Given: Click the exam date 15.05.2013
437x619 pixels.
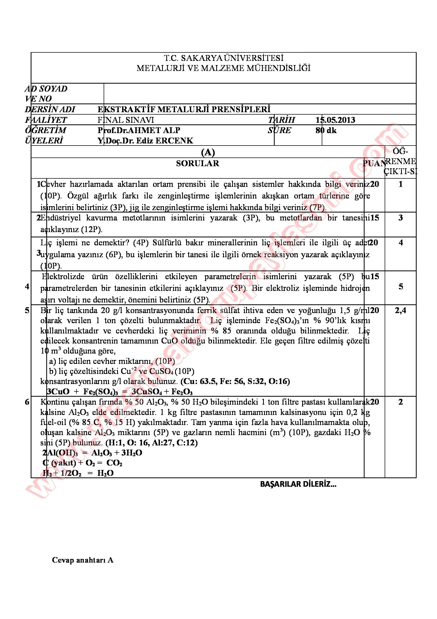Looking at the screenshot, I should pyautogui.click(x=335, y=120).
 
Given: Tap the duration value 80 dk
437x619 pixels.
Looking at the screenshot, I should pyautogui.click(x=326, y=130).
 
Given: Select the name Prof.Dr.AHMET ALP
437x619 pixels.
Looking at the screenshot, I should pyautogui.click(x=139, y=130).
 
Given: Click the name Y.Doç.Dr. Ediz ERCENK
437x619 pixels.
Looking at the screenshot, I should pyautogui.click(x=145, y=141).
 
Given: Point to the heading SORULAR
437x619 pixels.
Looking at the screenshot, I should pyautogui.click(x=198, y=163).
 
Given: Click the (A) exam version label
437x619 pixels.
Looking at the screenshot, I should pyautogui.click(x=208, y=153).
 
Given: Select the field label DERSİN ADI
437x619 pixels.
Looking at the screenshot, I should pyautogui.click(x=50, y=110).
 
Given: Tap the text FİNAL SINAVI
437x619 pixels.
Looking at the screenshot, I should pyautogui.click(x=126, y=120).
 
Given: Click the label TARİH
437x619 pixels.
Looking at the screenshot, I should pyautogui.click(x=282, y=120).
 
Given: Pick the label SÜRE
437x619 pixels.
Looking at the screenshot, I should pyautogui.click(x=279, y=130).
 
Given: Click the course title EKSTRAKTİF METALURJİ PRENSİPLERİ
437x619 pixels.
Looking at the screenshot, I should pyautogui.click(x=184, y=110).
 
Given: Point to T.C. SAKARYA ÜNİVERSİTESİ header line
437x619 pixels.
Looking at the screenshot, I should pyautogui.click(x=223, y=58).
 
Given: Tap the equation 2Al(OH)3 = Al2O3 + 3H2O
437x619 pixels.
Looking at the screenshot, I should pyautogui.click(x=92, y=453).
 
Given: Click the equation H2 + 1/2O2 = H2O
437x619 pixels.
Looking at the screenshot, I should pyautogui.click(x=78, y=473).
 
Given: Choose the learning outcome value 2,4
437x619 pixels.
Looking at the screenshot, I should pyautogui.click(x=400, y=311).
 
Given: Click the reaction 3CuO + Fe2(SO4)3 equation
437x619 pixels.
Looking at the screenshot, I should pyautogui.click(x=120, y=391).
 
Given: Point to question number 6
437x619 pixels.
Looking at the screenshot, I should pyautogui.click(x=27, y=402).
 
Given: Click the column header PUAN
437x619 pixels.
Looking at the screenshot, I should pyautogui.click(x=374, y=163).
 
